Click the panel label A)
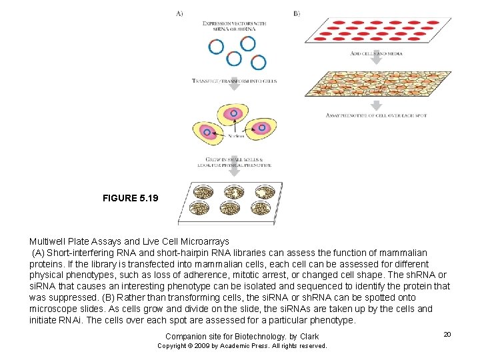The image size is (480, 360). click(179, 13)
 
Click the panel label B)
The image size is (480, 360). click(296, 13)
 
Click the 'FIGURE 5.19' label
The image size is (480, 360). click(130, 199)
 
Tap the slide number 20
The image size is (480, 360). click(447, 334)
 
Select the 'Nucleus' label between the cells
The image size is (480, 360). click(235, 136)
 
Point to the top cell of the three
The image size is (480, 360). click(233, 113)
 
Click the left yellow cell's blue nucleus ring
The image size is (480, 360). click(207, 133)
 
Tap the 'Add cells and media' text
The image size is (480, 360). click(375, 53)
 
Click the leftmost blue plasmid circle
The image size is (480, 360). click(216, 47)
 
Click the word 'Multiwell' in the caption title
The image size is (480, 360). click(47, 241)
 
